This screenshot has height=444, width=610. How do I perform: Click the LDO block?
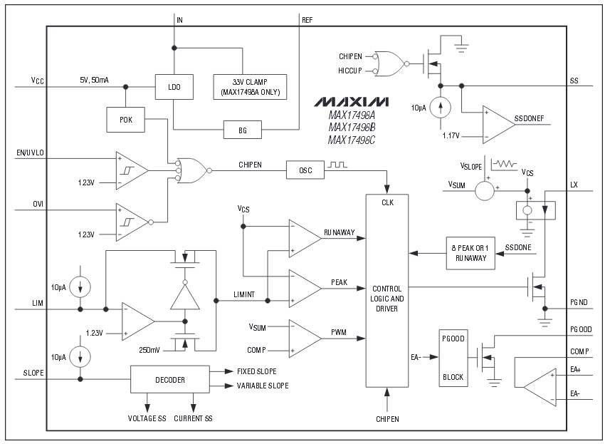174,87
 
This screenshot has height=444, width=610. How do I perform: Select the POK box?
125,120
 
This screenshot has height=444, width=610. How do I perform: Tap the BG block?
242,130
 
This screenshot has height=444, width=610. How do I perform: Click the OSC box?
305,170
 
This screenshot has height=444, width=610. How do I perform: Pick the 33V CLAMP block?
250,86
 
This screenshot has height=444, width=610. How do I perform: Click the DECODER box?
170,380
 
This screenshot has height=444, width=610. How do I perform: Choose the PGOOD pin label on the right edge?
582,329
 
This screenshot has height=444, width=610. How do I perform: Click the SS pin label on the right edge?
574,81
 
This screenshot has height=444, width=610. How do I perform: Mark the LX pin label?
574,185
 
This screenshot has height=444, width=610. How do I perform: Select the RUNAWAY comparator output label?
340,232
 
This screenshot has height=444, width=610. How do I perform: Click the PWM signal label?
339,332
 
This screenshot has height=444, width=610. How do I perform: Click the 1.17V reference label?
451,135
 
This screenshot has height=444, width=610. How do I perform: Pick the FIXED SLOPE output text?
257,371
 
